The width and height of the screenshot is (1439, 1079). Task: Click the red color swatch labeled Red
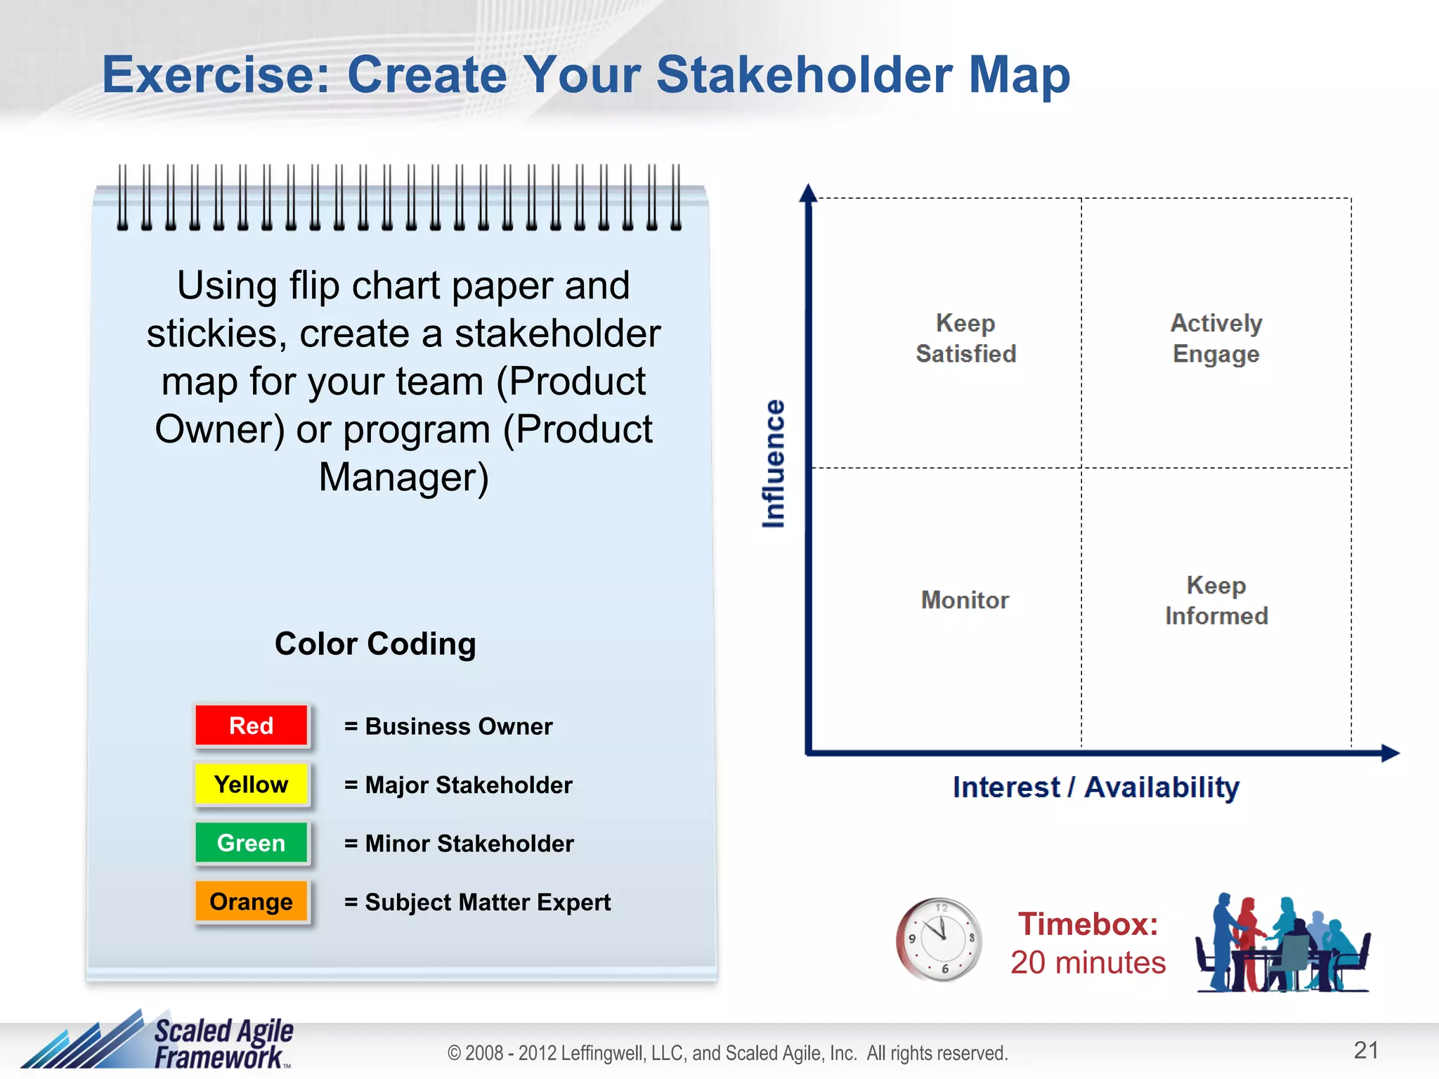coord(251,725)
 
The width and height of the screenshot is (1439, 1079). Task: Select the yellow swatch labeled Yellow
coord(251,784)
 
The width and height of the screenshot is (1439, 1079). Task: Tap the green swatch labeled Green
coord(251,842)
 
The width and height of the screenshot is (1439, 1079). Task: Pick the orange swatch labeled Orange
coord(251,901)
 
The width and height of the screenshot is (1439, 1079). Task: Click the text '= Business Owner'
coord(448,726)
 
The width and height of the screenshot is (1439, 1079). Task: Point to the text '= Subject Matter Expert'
coord(477,902)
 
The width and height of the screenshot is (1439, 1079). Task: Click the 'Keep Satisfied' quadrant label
coord(965,339)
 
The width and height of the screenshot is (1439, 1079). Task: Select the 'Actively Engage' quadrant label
coord(1216,339)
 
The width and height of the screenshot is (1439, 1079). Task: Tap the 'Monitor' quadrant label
coord(965,600)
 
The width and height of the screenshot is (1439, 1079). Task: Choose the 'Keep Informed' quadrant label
coord(1216,601)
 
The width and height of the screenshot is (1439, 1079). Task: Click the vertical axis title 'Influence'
coord(773,464)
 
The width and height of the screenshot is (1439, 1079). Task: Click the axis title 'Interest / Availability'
coord(1095,787)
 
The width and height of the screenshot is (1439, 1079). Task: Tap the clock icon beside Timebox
coord(939,939)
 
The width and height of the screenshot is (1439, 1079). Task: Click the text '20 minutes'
coord(1088,962)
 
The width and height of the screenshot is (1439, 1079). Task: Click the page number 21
coord(1365,1050)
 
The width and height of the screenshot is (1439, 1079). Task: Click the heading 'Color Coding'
coord(375,643)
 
